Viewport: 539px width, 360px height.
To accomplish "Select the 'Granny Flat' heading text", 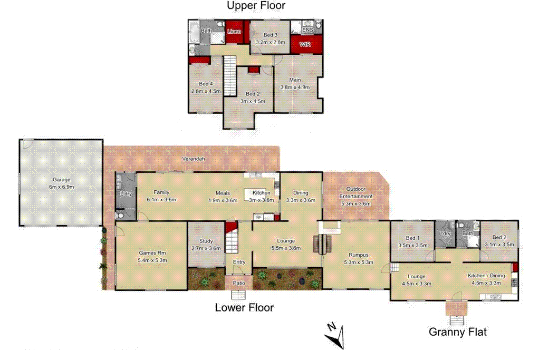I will click(457, 332).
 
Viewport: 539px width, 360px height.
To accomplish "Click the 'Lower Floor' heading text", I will click(244, 307).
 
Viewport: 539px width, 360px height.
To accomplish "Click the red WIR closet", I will click(305, 45).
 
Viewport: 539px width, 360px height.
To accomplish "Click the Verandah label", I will click(193, 158).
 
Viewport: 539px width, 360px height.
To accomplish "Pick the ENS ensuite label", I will click(307, 30).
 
